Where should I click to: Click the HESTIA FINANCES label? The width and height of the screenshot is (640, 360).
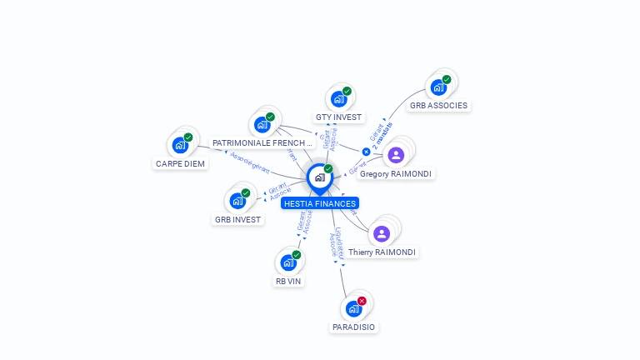pos(320,203)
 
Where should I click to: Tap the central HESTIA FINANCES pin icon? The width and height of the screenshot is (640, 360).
pos(319,177)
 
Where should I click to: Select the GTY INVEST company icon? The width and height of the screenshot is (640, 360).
pos(338,99)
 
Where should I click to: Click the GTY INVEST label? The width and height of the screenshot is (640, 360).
pos(338,117)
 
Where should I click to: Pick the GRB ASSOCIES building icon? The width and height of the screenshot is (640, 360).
pos(437,87)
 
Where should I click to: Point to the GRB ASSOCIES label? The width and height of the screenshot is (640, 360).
pos(439,106)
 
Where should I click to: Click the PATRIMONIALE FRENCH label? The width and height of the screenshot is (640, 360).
pos(262,143)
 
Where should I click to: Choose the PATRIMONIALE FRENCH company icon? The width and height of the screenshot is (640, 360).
pos(262,125)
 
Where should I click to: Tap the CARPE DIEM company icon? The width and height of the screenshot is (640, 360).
pos(180,145)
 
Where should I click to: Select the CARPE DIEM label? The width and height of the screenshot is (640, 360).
pos(180,163)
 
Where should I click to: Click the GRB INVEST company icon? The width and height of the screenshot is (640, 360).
pos(237,201)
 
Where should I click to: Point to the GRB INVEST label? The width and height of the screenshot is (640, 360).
pos(237,220)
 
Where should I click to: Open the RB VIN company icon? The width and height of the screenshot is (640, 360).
pos(288,262)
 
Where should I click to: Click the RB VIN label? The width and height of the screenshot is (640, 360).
pos(288,282)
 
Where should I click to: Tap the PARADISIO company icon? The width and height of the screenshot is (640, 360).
pos(353,308)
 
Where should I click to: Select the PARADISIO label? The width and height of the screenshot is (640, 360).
pos(353,327)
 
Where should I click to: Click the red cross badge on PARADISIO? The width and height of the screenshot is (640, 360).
pos(362,301)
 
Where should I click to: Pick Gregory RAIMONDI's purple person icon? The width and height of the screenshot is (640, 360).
pos(396,155)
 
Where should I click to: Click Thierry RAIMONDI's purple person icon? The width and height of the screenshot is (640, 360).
pos(382,233)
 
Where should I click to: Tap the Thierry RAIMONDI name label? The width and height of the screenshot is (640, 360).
pos(382,252)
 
